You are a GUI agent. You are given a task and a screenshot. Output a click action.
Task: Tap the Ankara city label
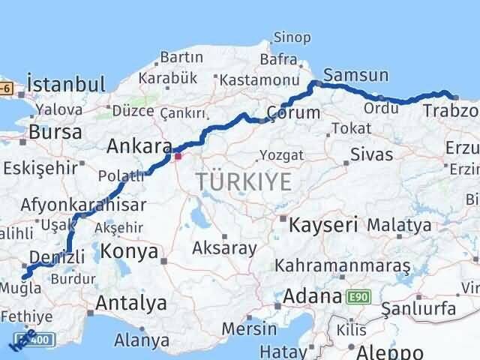coord(139,145)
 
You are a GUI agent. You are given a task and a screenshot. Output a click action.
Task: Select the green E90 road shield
coord(358,298)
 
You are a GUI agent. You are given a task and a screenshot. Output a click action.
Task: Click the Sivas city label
coord(372,155)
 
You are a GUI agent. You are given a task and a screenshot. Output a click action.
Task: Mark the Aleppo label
coord(390,352)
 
